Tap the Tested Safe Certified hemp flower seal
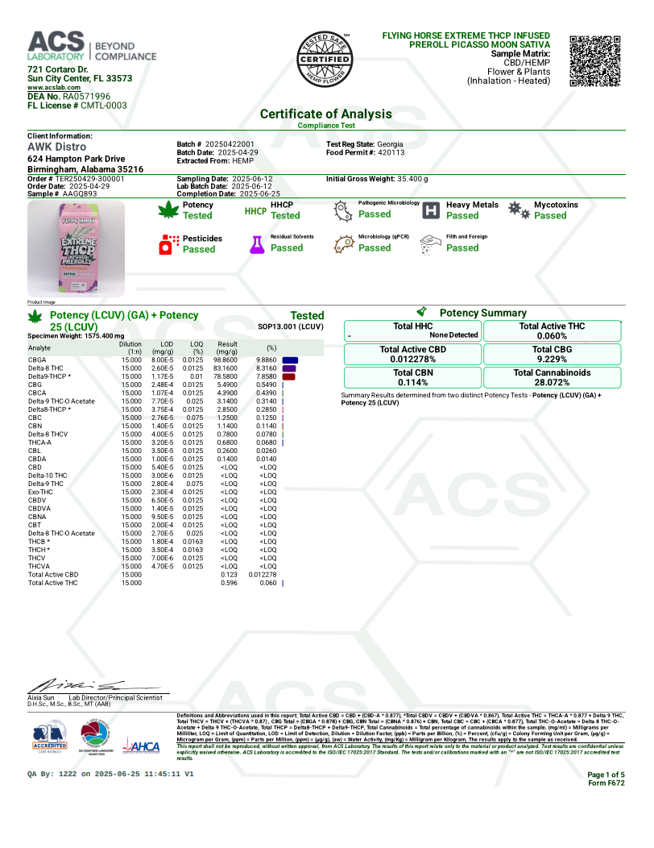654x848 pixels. [x=325, y=61]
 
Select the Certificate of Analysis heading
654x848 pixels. [x=325, y=114]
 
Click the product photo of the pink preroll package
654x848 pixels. [x=75, y=248]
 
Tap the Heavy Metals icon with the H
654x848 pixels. [x=431, y=210]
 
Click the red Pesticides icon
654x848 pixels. [x=168, y=244]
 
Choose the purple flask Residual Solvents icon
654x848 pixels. [x=257, y=244]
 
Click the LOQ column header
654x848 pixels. [x=192, y=348]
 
